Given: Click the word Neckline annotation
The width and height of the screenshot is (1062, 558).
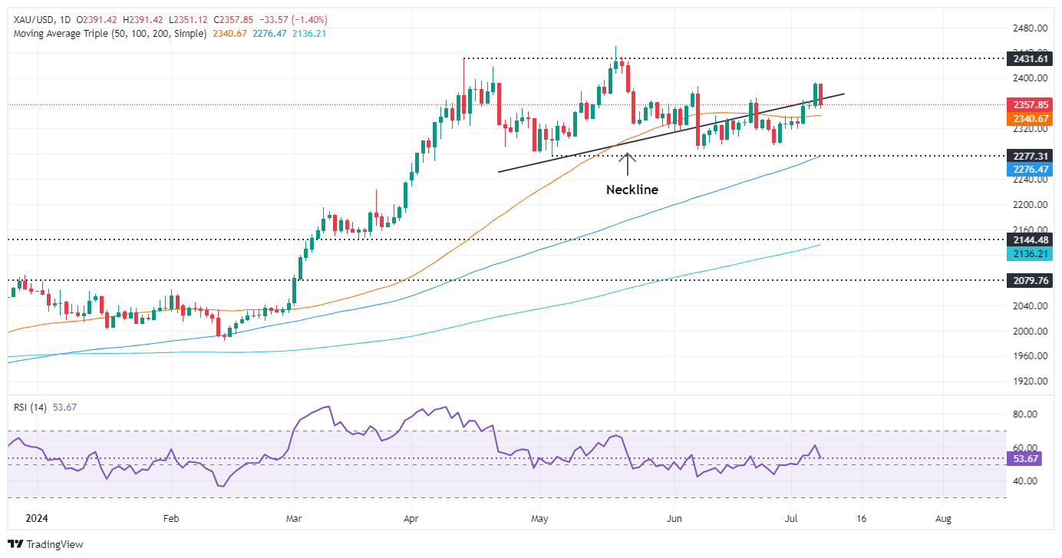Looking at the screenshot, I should [632, 190].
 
